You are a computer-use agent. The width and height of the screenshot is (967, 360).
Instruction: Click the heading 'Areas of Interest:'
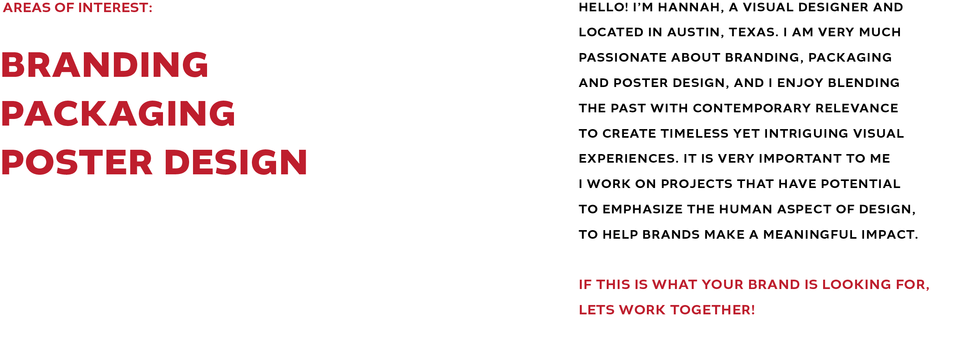point(77,8)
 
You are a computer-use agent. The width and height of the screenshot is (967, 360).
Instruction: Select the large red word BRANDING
point(105,65)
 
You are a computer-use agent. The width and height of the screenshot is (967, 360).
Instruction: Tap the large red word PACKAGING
point(118,113)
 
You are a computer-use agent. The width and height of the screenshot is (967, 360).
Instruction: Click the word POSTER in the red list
point(77,162)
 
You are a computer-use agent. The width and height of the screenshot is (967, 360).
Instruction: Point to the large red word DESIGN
point(236,162)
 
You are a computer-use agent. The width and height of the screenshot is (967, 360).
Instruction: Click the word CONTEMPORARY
point(752,108)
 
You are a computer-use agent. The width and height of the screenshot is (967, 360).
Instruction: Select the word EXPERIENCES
point(628,159)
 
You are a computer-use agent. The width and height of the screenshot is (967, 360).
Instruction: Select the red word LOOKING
point(857,285)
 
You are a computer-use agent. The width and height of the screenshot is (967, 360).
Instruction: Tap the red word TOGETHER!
point(712,310)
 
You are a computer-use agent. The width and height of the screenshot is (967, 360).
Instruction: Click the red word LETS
point(597,310)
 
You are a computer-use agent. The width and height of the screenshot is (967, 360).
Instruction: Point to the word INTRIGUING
point(806,133)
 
